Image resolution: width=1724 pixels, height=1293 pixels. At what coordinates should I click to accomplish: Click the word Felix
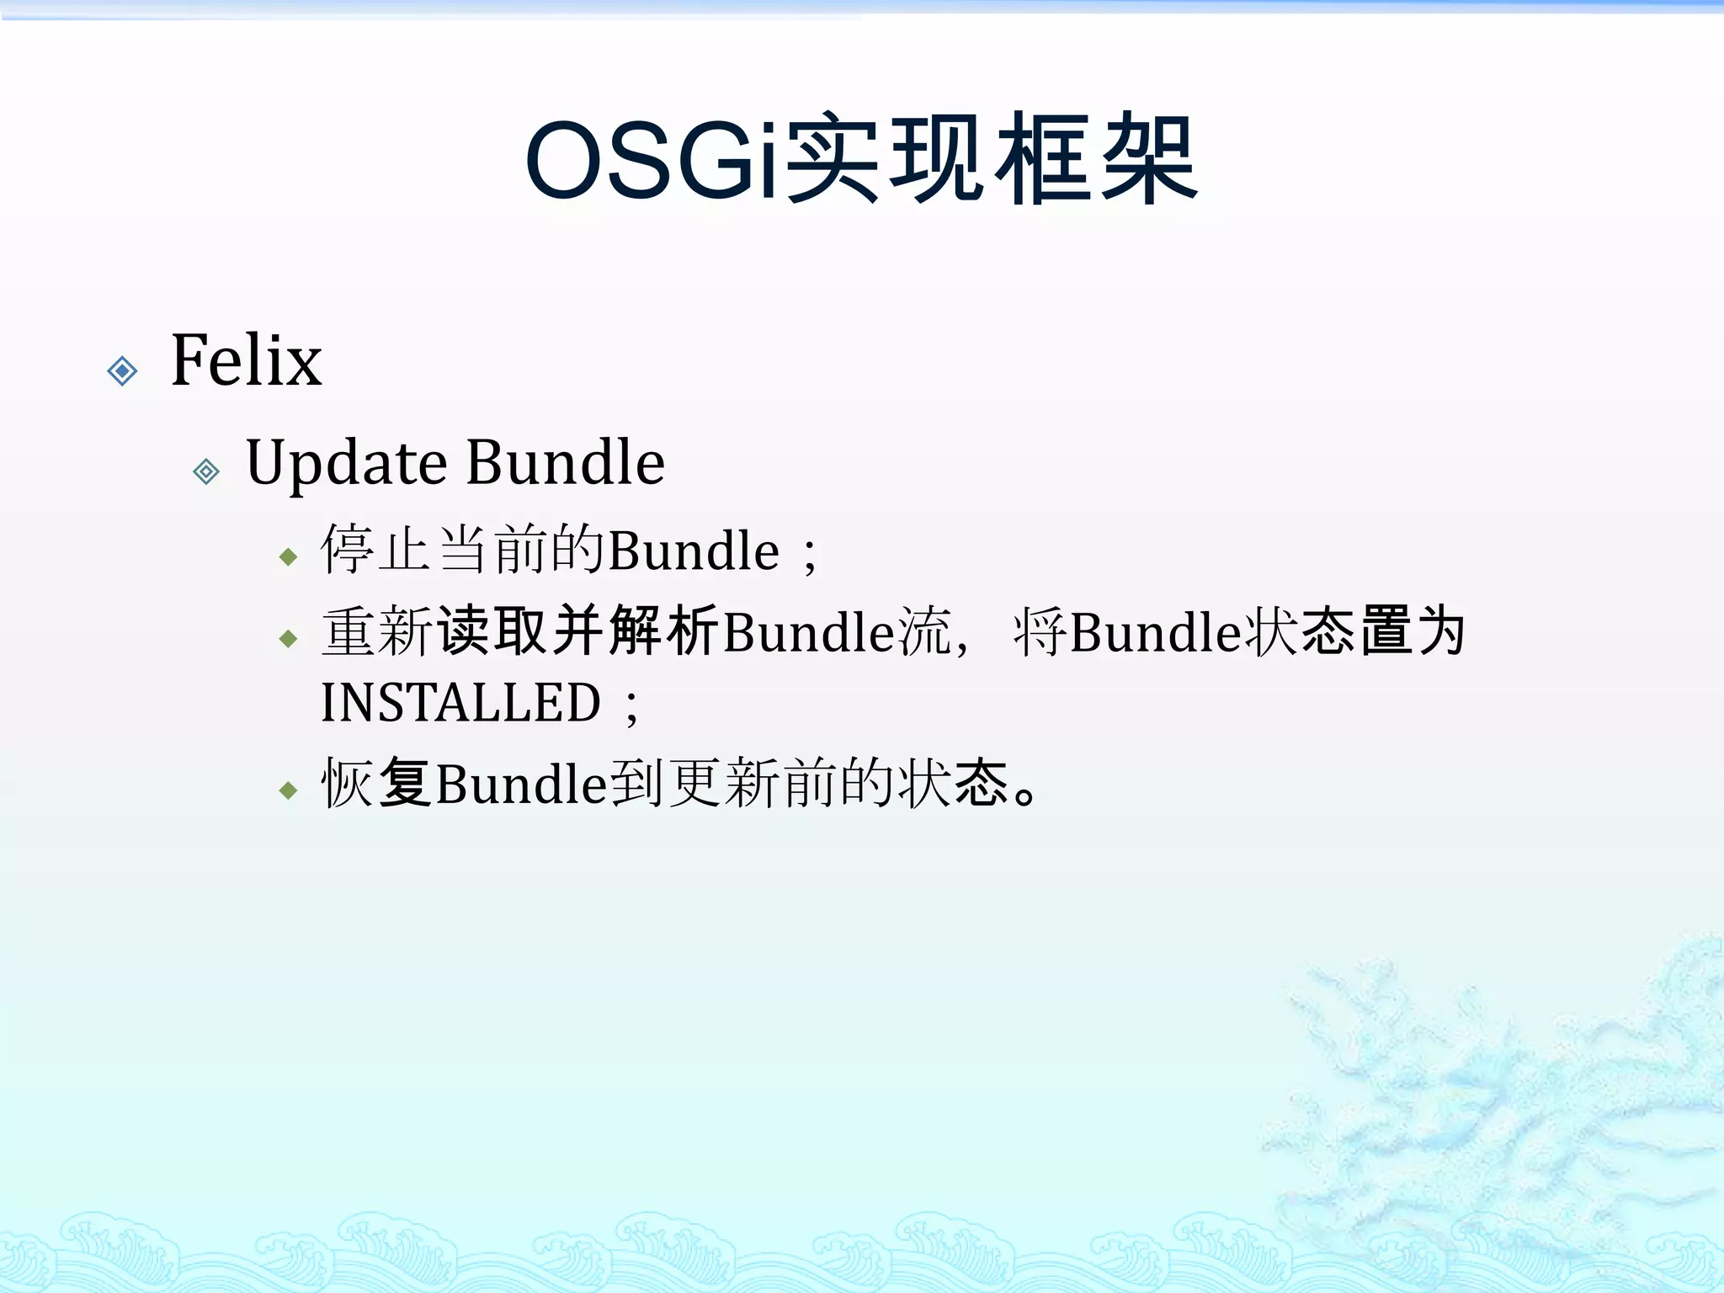click(x=246, y=361)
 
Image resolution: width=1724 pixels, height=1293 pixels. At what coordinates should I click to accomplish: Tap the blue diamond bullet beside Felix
click(x=123, y=370)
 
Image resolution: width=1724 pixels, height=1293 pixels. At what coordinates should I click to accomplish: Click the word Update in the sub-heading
click(x=346, y=464)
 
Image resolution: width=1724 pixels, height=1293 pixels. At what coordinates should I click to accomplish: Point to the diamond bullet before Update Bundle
click(x=206, y=471)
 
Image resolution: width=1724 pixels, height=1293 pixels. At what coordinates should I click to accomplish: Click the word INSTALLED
click(x=460, y=703)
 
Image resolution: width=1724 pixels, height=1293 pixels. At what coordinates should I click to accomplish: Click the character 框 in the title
click(x=1044, y=160)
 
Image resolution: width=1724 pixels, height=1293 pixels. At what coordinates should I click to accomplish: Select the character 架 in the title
click(x=1149, y=160)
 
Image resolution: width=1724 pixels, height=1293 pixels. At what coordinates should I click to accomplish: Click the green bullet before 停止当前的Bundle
click(x=289, y=556)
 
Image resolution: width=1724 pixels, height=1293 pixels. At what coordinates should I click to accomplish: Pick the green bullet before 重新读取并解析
click(x=289, y=639)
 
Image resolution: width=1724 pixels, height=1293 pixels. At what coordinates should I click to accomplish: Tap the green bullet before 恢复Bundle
click(x=289, y=790)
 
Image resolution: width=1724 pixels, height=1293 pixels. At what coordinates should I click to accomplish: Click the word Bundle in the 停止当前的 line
click(x=694, y=551)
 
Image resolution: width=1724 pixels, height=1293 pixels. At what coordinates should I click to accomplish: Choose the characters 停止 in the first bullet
click(x=375, y=549)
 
